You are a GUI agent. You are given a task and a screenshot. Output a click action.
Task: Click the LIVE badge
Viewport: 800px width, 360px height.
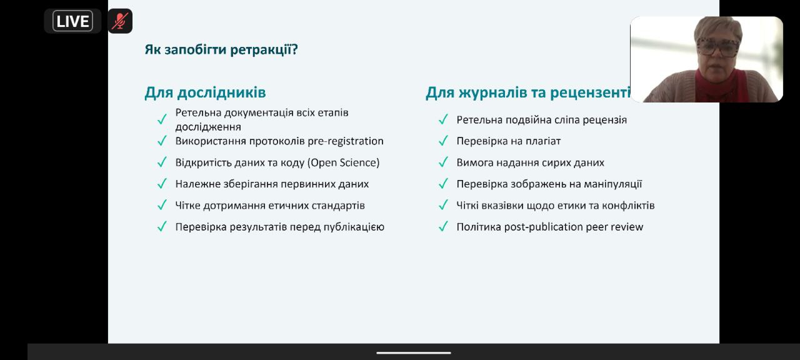pos(72,21)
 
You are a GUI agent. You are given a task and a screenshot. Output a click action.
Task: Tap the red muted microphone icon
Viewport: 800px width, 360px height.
pos(120,21)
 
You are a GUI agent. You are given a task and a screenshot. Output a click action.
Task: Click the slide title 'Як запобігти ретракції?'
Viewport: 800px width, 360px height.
pos(221,49)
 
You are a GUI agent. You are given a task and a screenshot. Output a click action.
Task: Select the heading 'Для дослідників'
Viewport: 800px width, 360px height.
pos(205,92)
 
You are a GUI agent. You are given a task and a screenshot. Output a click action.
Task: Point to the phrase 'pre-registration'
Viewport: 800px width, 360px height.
pos(346,141)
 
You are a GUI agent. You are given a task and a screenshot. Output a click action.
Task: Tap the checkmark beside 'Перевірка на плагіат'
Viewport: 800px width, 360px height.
pos(443,141)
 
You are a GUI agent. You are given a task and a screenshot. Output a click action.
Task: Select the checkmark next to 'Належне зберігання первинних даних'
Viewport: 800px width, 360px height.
pos(162,184)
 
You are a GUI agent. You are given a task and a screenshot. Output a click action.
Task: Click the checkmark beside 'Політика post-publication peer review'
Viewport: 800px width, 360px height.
pos(443,226)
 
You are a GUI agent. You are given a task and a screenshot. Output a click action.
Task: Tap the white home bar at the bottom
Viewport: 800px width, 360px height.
pos(414,353)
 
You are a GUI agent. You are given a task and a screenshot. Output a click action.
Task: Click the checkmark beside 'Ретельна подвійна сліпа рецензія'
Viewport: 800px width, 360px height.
pos(443,119)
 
